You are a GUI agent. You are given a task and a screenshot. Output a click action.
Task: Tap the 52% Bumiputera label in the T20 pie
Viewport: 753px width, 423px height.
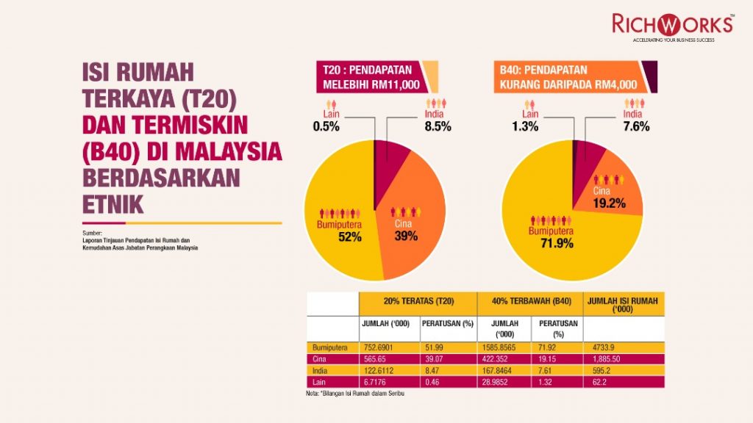point(350,236)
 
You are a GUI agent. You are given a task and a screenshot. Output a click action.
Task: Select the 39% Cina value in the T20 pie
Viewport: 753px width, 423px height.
point(405,236)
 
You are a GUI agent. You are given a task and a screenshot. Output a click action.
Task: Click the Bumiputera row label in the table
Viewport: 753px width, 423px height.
point(329,347)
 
